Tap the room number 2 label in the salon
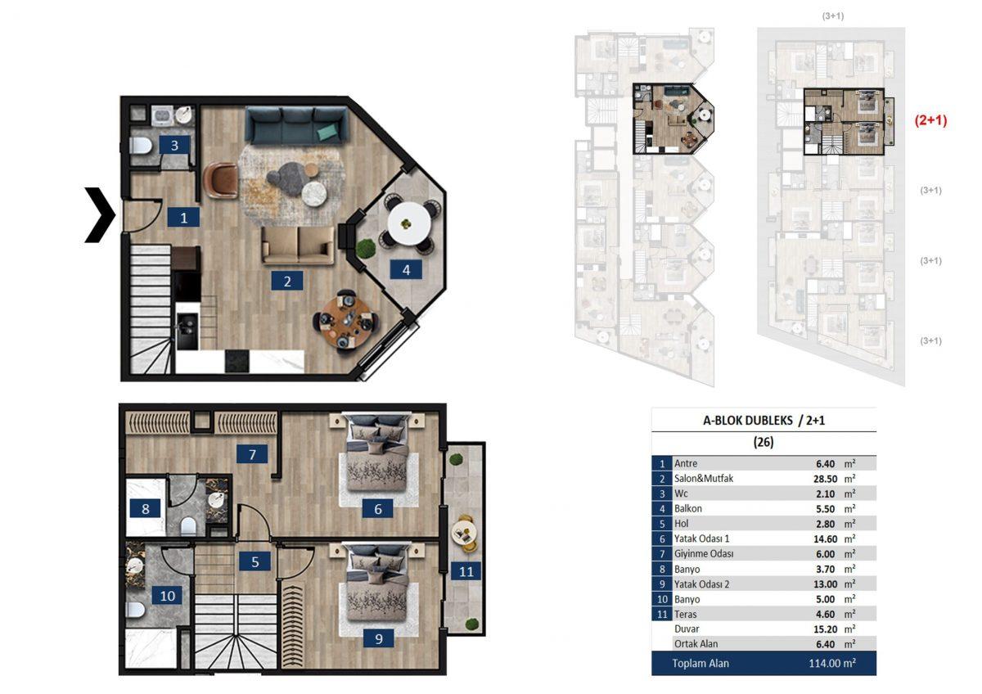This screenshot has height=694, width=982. point(287,281)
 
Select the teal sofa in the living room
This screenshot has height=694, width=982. point(297,125)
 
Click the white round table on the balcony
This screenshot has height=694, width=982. point(408,223)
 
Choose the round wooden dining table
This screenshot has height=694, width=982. point(345,322)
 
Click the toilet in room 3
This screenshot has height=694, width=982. point(141,146)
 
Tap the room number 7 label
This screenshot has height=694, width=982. point(252,454)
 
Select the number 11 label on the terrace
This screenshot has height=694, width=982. point(466,571)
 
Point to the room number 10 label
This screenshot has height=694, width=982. point(168,596)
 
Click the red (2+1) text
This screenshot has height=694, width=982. point(930,120)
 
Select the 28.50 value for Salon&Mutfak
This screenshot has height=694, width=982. point(825,479)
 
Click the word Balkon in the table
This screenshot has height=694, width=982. point(688,508)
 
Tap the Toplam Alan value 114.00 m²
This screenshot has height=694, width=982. point(832,664)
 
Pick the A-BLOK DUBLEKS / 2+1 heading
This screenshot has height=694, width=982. point(764,421)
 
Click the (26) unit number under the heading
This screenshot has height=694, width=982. point(764,442)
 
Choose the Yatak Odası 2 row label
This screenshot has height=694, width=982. point(701,584)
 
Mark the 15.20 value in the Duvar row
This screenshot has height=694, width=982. point(825,629)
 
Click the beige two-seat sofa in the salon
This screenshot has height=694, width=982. point(298,246)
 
